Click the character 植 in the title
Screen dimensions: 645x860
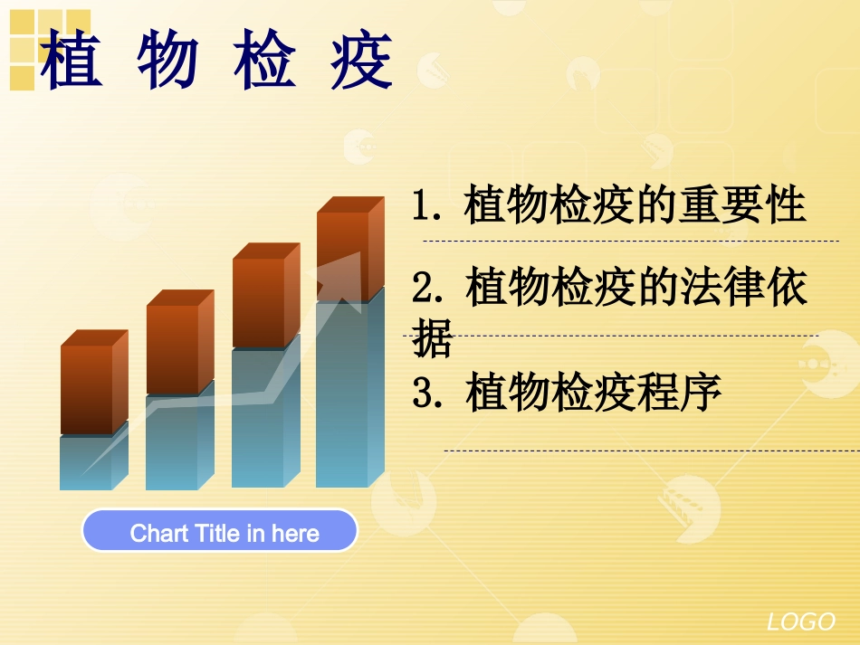point(72,61)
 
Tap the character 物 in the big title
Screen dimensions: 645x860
point(168,61)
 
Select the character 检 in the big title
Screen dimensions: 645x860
point(264,61)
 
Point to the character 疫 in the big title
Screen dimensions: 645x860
point(361,61)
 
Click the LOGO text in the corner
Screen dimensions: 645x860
point(801,621)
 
